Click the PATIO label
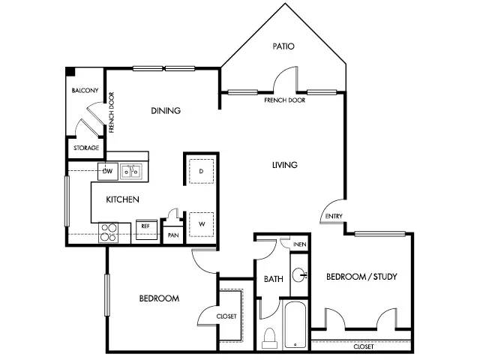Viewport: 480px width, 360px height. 283,46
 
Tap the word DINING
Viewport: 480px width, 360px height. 166,110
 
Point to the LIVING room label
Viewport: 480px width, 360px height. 285,165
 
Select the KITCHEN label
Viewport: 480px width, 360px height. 122,199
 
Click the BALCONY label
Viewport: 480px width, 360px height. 85,90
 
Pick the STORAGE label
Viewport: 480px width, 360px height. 86,148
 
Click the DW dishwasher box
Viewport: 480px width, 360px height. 108,172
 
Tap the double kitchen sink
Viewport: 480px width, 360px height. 131,172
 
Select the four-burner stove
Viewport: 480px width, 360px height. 108,232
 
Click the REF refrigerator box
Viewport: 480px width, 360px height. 146,229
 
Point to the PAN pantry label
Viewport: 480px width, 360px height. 173,235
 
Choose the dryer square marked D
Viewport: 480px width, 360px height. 201,171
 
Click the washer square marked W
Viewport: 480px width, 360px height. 201,224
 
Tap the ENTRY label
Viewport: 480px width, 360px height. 334,216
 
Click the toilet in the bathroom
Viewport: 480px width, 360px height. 270,338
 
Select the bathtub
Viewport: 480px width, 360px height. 295,325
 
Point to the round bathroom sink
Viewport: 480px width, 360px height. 298,275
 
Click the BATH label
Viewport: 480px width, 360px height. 273,279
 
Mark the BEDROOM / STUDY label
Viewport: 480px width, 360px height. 361,277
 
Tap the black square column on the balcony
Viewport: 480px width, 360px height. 70,72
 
